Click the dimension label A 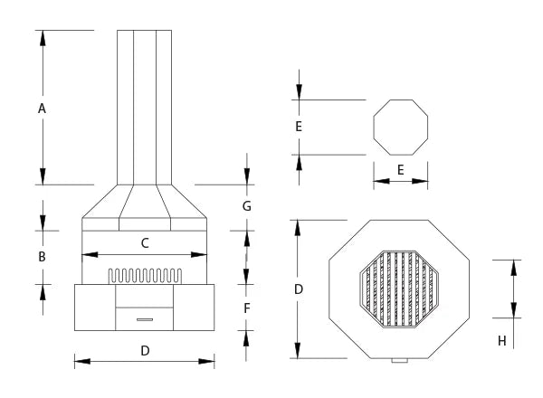(x=42, y=109)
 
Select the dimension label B (x=42, y=257)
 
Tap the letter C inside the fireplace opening (x=145, y=242)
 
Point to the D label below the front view (x=145, y=349)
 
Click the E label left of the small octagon (x=298, y=127)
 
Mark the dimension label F (x=247, y=308)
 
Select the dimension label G (x=246, y=206)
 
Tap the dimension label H (x=501, y=340)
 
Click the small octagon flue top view (x=400, y=127)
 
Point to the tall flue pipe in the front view (x=145, y=104)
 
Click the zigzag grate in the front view (x=145, y=275)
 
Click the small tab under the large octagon (x=399, y=362)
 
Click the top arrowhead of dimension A (x=42, y=35)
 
